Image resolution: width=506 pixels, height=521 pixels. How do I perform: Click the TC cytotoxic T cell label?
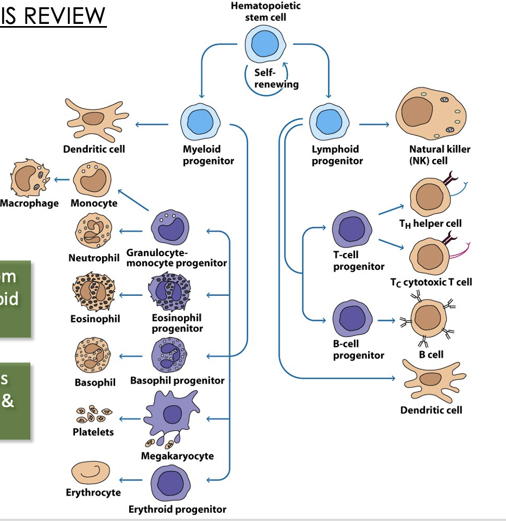pyautogui.click(x=431, y=282)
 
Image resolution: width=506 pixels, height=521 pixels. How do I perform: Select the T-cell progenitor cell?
pyautogui.click(x=352, y=228)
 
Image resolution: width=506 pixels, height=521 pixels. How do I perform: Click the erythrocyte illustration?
pyautogui.click(x=91, y=474)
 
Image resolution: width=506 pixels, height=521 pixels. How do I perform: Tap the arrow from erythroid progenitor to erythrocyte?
pyautogui.click(x=130, y=480)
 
